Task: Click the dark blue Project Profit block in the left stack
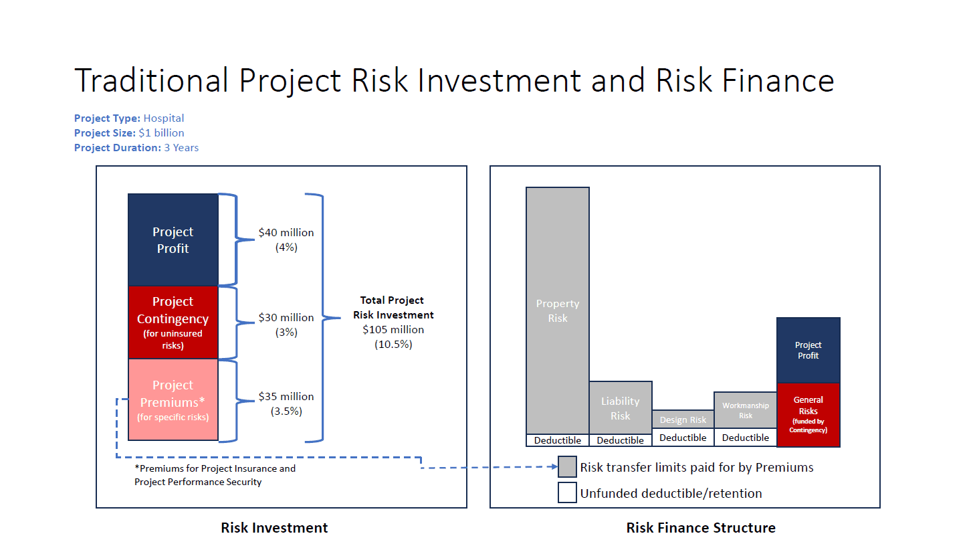(173, 240)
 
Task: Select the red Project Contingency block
(173, 323)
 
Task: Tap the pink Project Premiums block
(173, 399)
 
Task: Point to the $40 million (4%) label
(286, 240)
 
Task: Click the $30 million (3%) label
(286, 325)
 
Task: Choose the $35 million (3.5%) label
(286, 403)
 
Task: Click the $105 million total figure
(393, 329)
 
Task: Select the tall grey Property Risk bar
(558, 310)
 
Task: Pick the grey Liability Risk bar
(621, 408)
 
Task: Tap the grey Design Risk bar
(683, 420)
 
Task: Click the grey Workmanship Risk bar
(746, 410)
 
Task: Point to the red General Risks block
(808, 415)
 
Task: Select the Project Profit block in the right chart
(808, 351)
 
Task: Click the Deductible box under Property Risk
(558, 440)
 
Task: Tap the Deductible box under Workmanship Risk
(746, 438)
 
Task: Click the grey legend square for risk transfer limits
(567, 467)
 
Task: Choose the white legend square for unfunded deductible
(567, 492)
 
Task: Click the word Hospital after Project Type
(164, 118)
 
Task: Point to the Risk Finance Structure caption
(701, 527)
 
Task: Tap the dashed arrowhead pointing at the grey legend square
(555, 467)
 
